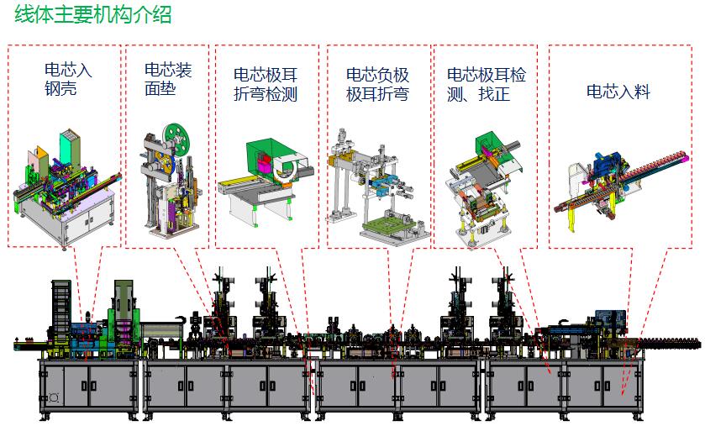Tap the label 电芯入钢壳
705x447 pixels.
(67, 78)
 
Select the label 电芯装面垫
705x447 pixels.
(168, 78)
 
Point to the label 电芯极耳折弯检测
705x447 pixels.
(266, 85)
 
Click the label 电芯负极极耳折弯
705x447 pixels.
(377, 85)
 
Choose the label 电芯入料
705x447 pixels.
(618, 92)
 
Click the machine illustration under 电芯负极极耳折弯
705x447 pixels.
(376, 185)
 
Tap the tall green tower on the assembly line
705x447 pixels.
(124, 311)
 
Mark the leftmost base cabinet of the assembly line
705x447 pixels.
(88, 387)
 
